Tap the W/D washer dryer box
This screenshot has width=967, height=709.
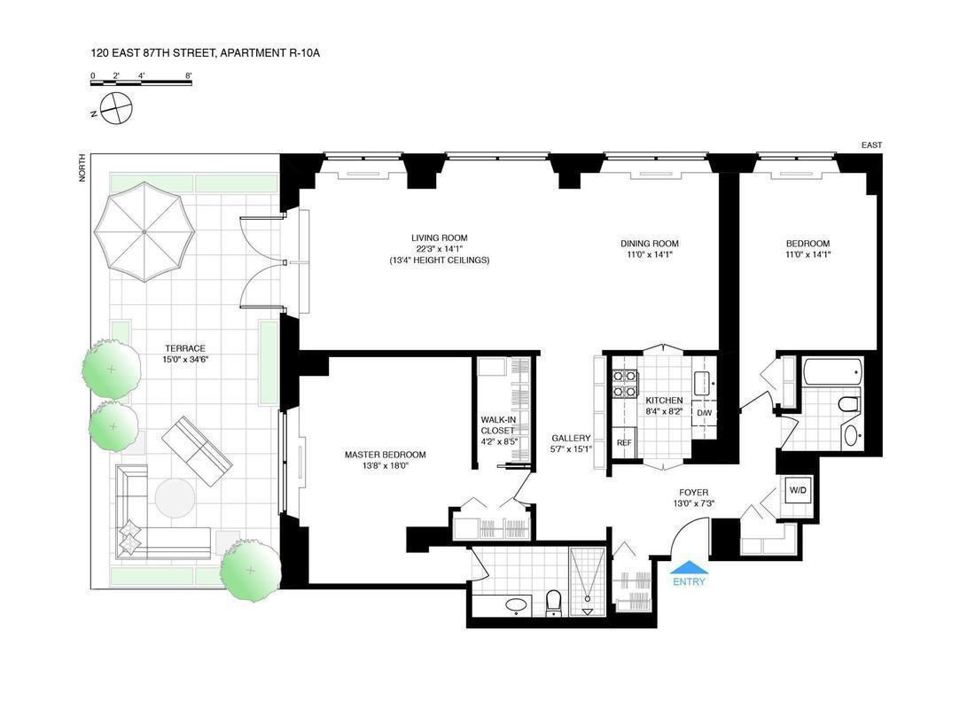(798, 491)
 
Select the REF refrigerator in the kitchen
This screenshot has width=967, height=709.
(623, 442)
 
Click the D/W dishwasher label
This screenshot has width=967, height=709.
(704, 412)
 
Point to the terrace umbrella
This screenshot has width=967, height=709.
(144, 231)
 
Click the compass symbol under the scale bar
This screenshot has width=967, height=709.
(116, 108)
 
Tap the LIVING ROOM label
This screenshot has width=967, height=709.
(439, 238)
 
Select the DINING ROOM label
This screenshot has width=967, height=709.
(650, 244)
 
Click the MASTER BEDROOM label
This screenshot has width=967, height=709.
(385, 455)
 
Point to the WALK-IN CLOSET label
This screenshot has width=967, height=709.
(497, 425)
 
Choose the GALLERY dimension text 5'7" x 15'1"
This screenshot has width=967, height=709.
(571, 448)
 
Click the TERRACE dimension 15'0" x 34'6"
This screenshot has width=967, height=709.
(184, 360)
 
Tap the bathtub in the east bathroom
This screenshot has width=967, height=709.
(832, 372)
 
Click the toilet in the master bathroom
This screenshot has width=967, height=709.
(554, 603)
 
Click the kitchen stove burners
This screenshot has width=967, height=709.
(624, 384)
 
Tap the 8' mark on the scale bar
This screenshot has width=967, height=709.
(189, 75)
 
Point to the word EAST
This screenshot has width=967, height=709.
(871, 144)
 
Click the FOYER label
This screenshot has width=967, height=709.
(693, 493)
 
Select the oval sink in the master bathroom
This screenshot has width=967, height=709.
(518, 604)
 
